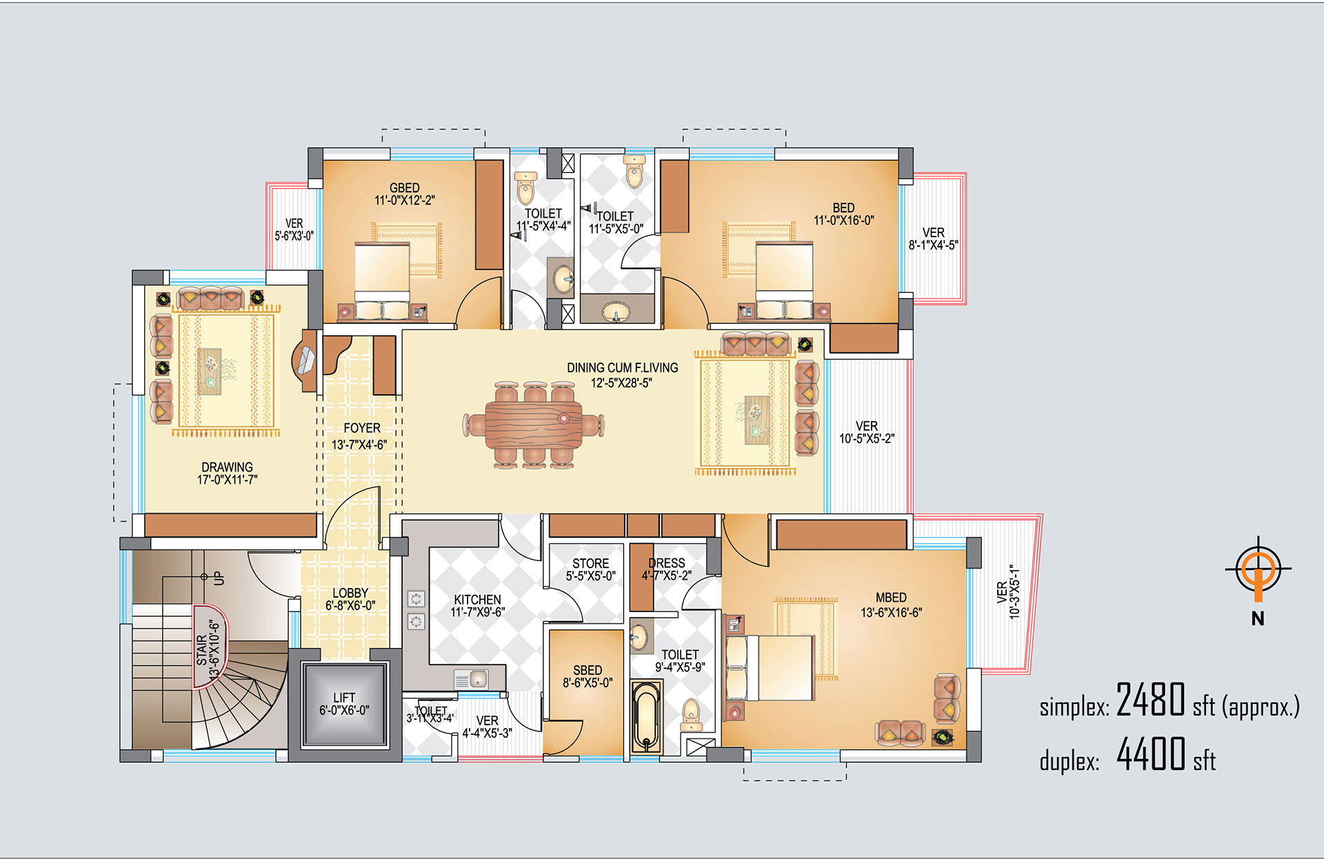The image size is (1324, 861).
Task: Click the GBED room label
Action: (x=404, y=188)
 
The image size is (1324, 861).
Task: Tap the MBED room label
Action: (x=891, y=598)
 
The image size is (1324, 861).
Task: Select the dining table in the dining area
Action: (x=534, y=425)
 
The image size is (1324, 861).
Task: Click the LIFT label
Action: (x=344, y=698)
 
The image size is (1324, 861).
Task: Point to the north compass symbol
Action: (x=1258, y=570)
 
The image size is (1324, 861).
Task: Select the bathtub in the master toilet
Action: (x=647, y=717)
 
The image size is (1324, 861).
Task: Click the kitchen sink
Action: (x=472, y=680)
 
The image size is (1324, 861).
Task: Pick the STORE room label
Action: (x=591, y=563)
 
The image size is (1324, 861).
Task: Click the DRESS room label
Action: (x=667, y=563)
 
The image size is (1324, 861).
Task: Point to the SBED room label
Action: (x=588, y=670)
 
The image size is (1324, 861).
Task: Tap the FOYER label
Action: (x=362, y=428)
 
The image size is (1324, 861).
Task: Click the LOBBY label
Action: (x=350, y=593)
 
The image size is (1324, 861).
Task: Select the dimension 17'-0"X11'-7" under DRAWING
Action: (x=228, y=480)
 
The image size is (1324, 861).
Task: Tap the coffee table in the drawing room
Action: (x=210, y=370)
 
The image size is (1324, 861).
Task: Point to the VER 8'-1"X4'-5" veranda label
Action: (x=934, y=239)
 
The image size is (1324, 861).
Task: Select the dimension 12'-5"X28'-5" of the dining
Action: (x=622, y=383)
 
